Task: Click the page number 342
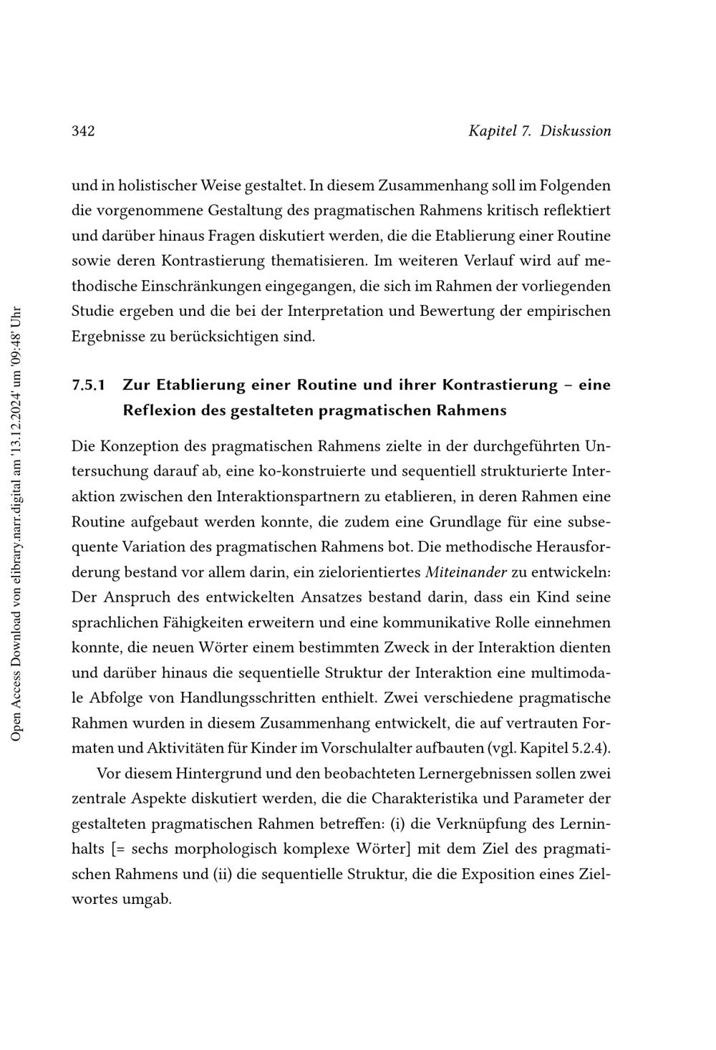(83, 131)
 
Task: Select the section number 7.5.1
(89, 385)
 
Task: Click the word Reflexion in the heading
(156, 410)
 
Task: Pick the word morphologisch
(226, 849)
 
